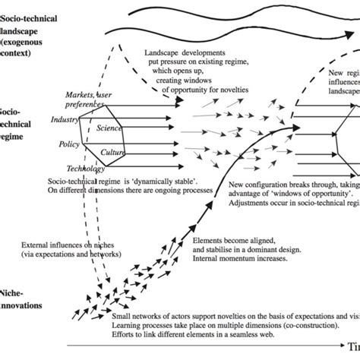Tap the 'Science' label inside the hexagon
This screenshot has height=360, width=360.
coord(109,128)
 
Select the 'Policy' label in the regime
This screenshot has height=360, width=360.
coord(69,144)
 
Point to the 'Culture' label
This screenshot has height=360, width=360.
coord(113,152)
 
